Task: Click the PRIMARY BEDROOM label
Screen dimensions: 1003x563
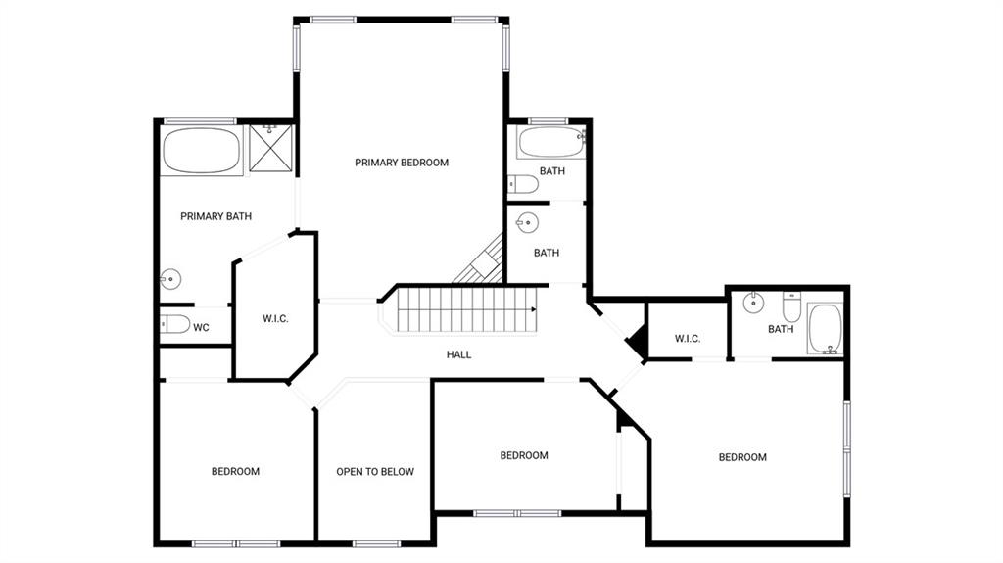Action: point(402,163)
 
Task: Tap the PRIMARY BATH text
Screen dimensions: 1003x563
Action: point(215,216)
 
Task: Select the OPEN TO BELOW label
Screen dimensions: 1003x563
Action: point(375,472)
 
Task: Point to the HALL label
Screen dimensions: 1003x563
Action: point(458,354)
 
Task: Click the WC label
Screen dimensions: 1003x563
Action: point(201,328)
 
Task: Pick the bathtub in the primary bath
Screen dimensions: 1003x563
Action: point(201,151)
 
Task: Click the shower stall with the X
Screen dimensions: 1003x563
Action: point(270,149)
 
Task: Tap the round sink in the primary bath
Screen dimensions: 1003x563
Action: point(170,279)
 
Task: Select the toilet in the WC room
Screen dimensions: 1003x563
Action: point(174,324)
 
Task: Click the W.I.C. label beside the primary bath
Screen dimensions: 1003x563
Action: point(275,318)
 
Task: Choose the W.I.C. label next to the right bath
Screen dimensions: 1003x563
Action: point(688,339)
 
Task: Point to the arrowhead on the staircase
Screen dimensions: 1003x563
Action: point(533,310)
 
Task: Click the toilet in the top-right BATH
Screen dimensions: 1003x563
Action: point(523,184)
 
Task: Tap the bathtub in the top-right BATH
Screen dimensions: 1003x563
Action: point(550,142)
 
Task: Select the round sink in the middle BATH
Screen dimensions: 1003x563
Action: point(528,223)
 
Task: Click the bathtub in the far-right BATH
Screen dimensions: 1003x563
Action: point(825,329)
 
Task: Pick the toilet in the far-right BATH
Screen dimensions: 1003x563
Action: point(791,306)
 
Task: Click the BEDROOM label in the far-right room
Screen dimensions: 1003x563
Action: point(742,457)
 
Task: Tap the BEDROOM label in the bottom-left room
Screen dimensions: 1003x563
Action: point(235,472)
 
